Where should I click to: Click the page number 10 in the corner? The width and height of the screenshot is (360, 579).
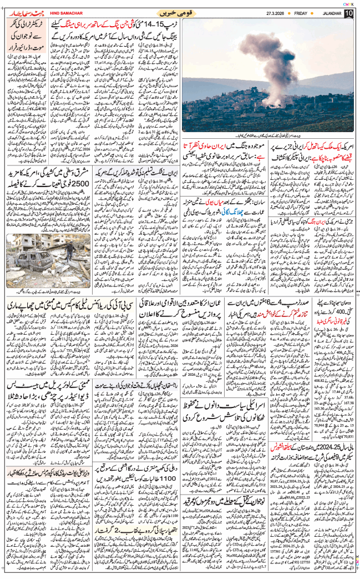(348, 13)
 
